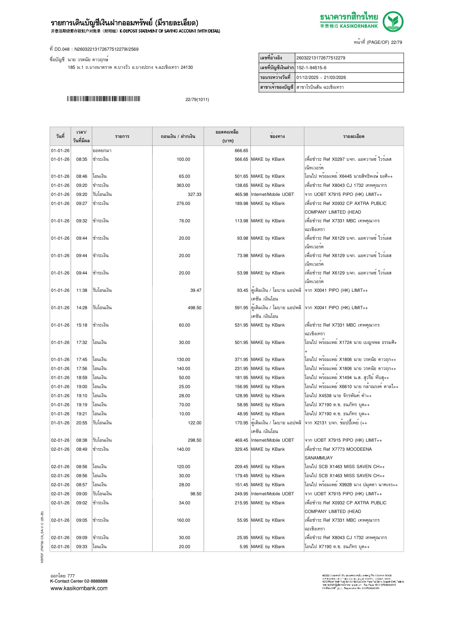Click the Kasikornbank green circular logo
pyautogui.click(x=393, y=21)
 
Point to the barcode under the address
pyautogui.click(x=103, y=99)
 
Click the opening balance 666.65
pyautogui.click(x=241, y=151)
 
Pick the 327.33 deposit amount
pyautogui.click(x=194, y=194)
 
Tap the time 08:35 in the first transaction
pyautogui.click(x=82, y=159)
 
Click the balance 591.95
pyautogui.click(x=241, y=308)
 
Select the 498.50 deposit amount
pyautogui.click(x=194, y=308)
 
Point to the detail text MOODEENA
pyautogui.click(x=357, y=449)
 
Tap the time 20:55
pyautogui.click(x=82, y=423)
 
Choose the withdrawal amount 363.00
pyautogui.click(x=183, y=185)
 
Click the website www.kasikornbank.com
pyautogui.click(x=79, y=588)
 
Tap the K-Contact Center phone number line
pyautogui.click(x=79, y=581)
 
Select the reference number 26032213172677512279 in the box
pyautogui.click(x=321, y=58)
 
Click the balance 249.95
pyautogui.click(x=241, y=494)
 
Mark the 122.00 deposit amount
pyautogui.click(x=194, y=423)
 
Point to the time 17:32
pyautogui.click(x=82, y=342)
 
